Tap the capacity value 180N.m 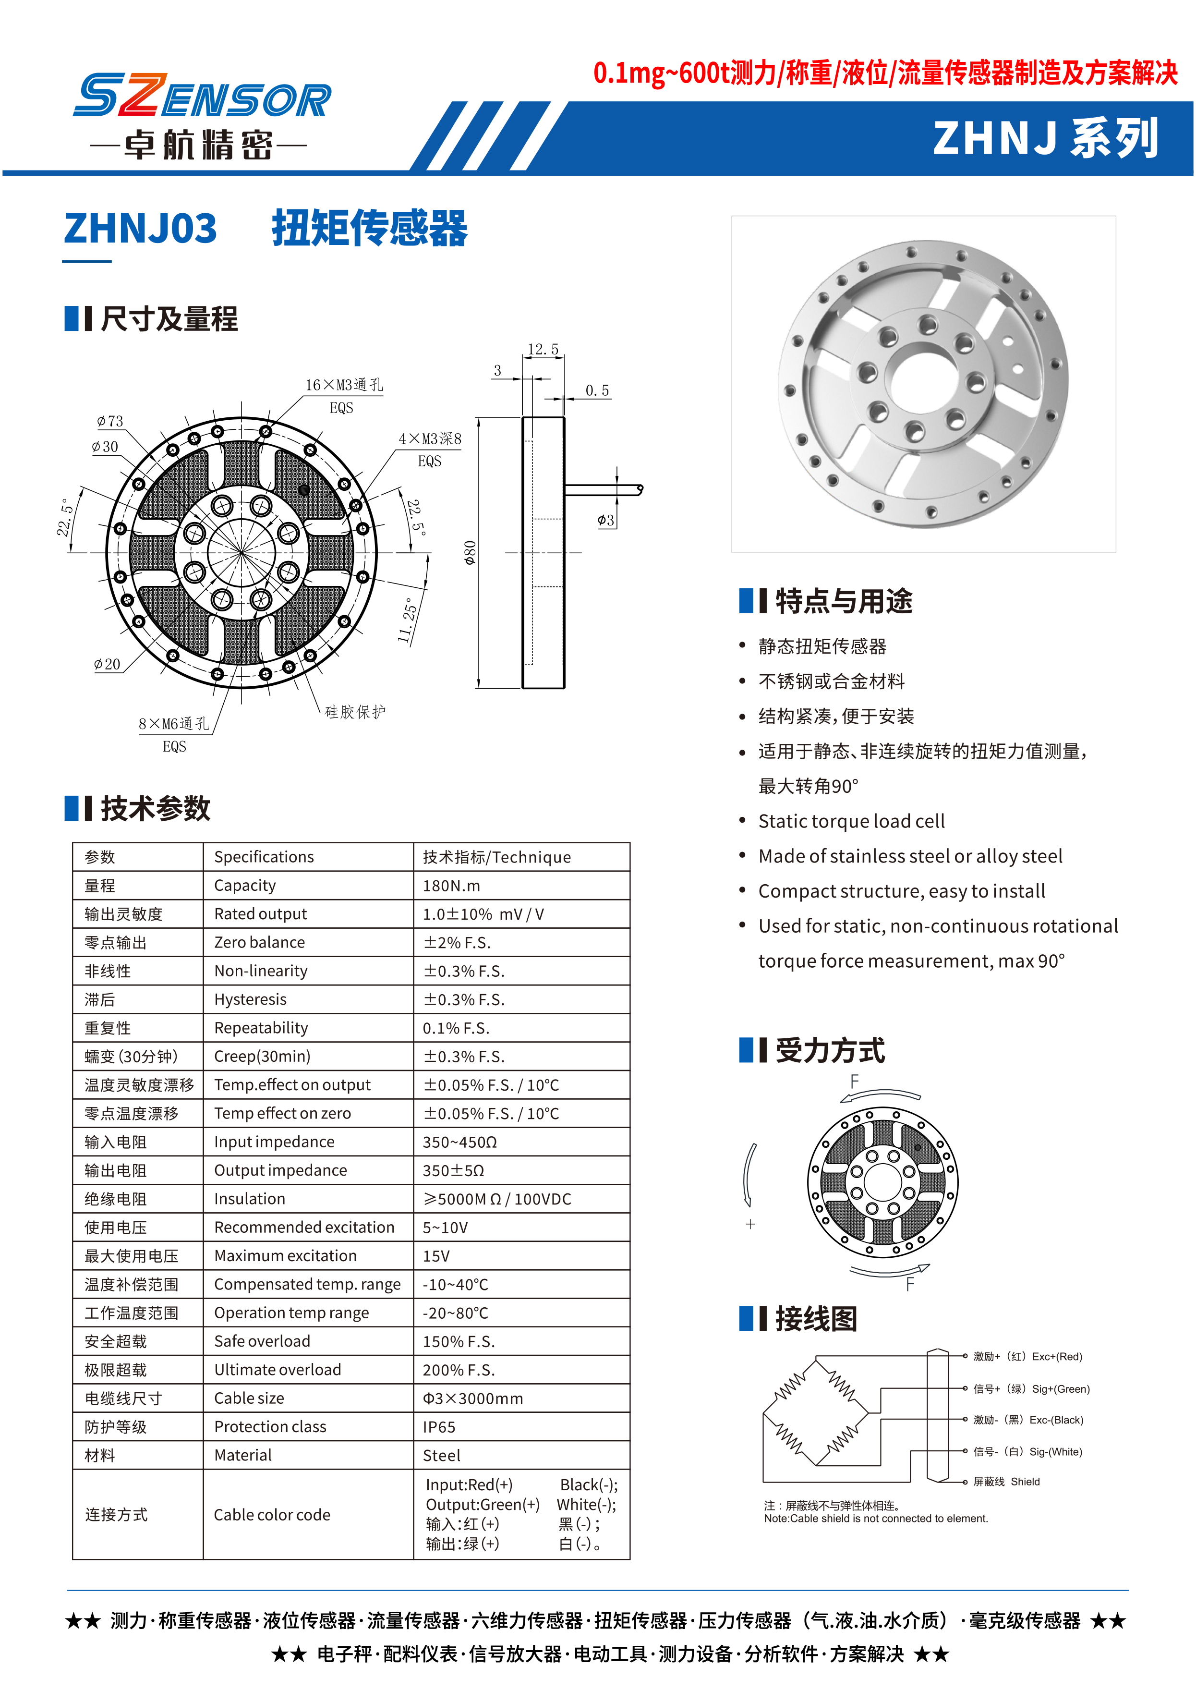451,886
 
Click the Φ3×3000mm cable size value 473,1398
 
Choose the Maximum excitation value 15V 436,1256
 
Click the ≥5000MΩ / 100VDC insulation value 497,1199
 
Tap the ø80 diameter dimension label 470,553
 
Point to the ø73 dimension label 110,421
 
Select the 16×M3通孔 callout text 344,385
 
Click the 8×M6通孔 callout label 174,724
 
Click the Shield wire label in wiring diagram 1025,1482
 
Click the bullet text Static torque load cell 851,821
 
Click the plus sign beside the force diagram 750,1225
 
